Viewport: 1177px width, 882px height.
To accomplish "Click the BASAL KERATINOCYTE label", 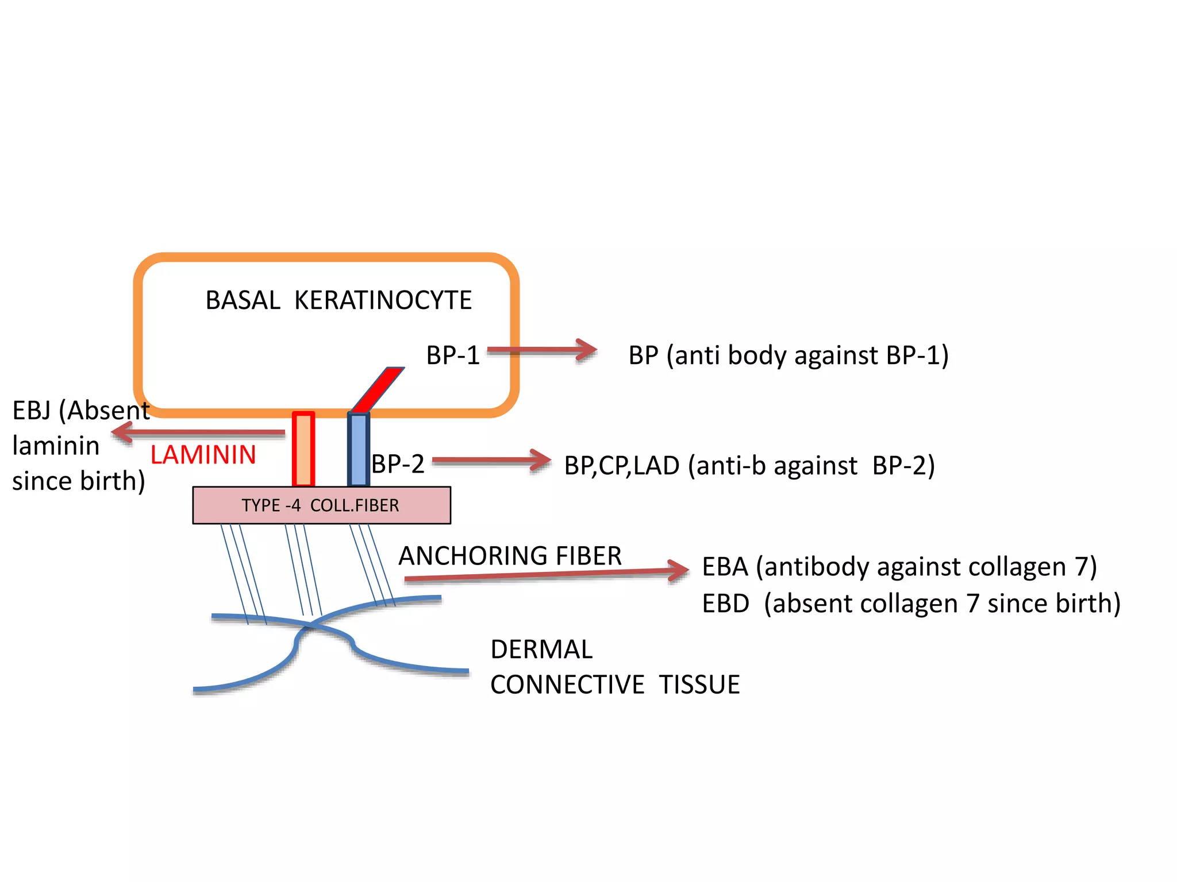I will (338, 300).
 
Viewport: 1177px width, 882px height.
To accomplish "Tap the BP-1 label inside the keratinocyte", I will (452, 355).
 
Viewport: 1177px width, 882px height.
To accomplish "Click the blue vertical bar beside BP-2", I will (358, 449).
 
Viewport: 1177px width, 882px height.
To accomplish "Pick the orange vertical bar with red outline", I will (303, 449).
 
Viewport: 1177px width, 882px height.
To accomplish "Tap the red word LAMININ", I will (203, 455).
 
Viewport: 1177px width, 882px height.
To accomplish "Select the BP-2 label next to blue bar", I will (398, 463).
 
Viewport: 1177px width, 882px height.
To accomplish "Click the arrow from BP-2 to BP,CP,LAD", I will (491, 461).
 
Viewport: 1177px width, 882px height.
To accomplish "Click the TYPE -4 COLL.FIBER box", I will (321, 505).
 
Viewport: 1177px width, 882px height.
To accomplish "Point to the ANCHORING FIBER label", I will (510, 556).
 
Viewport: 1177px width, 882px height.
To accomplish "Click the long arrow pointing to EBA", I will (546, 574).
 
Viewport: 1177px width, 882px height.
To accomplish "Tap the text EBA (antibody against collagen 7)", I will (899, 567).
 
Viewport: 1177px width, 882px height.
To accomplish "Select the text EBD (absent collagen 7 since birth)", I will (911, 604).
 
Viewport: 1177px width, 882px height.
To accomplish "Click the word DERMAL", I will (541, 649).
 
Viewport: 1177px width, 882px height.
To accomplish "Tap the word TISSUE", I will (699, 684).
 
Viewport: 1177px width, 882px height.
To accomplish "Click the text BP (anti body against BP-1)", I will (788, 355).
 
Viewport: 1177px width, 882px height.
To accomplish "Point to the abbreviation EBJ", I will (32, 410).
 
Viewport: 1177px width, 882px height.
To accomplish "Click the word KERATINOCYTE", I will (383, 300).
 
